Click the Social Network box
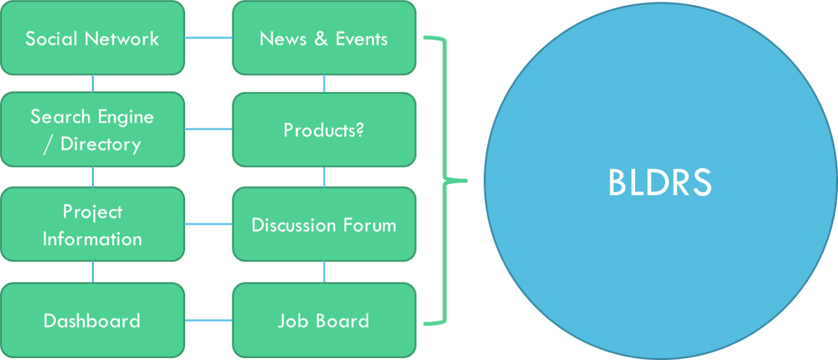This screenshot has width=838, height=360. pyautogui.click(x=93, y=38)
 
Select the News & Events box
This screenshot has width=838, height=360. pyautogui.click(x=324, y=38)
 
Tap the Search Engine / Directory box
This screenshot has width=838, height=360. pyautogui.click(x=93, y=130)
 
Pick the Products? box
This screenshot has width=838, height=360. pyautogui.click(x=324, y=130)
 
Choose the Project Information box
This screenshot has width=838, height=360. pyautogui.click(x=93, y=225)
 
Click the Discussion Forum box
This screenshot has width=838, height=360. pyautogui.click(x=324, y=225)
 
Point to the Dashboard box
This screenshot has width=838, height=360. pyautogui.click(x=93, y=320)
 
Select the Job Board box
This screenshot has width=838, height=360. pyautogui.click(x=324, y=320)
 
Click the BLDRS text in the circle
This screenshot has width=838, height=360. pyautogui.click(x=659, y=183)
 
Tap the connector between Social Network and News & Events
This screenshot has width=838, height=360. pyautogui.click(x=209, y=38)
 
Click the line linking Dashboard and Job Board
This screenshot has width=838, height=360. pyautogui.click(x=209, y=320)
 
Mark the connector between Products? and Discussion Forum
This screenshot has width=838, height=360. pyautogui.click(x=324, y=177)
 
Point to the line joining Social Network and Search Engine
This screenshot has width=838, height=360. pyautogui.click(x=93, y=84)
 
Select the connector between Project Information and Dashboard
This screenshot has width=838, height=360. pyautogui.click(x=93, y=272)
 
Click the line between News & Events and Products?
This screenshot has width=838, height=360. pyautogui.click(x=324, y=84)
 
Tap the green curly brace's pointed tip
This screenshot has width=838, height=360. pyautogui.click(x=465, y=181)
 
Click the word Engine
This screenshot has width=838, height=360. pyautogui.click(x=125, y=117)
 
